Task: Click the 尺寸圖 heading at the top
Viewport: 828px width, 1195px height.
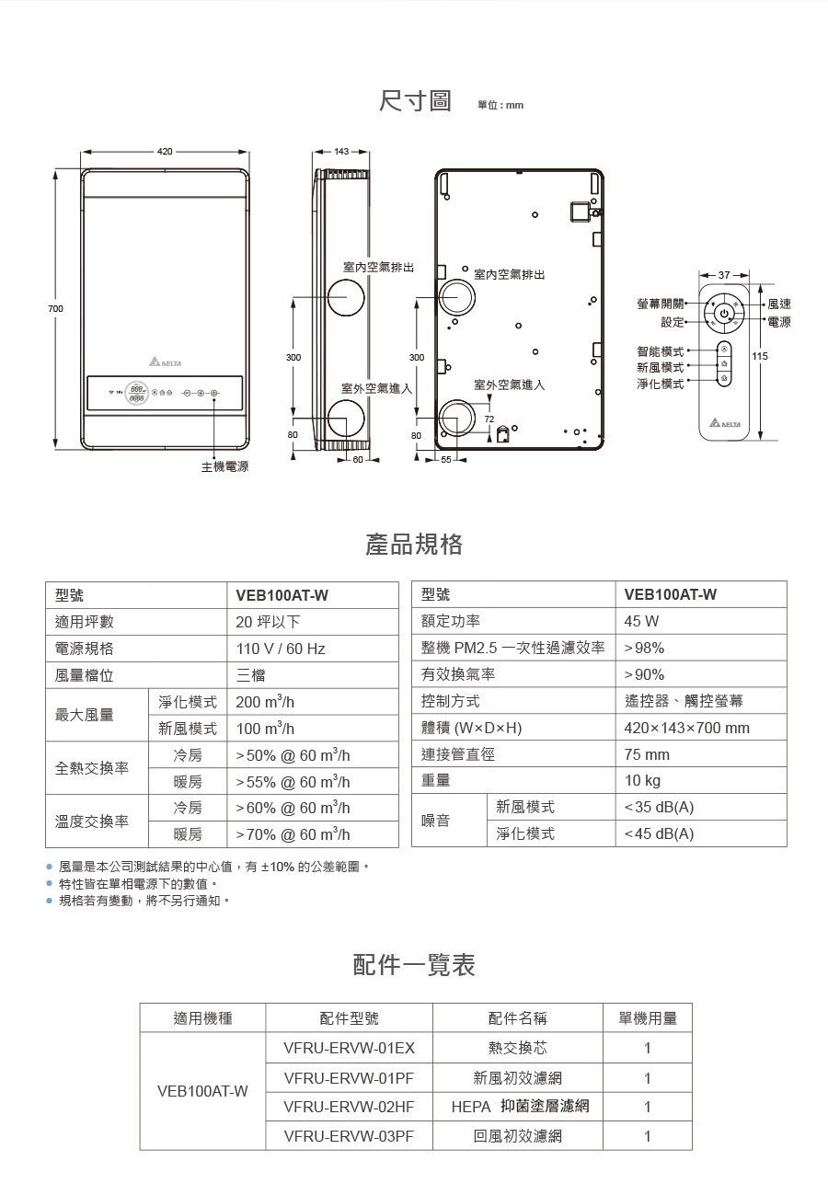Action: [x=415, y=100]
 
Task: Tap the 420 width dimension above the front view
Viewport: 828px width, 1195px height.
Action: [x=165, y=151]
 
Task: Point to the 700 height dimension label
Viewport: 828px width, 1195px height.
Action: [x=56, y=308]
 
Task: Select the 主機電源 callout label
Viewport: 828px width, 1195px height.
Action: [x=224, y=466]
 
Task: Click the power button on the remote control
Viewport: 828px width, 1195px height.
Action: [x=723, y=314]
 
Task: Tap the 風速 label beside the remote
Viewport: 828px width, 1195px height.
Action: [x=778, y=304]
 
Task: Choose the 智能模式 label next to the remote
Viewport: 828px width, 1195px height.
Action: [x=660, y=351]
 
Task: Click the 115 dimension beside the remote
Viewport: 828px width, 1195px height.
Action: [x=760, y=356]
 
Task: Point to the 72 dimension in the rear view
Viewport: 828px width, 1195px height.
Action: [x=489, y=419]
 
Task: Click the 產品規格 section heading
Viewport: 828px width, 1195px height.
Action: [x=414, y=545]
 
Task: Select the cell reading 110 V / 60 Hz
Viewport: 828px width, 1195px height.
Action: [x=281, y=649]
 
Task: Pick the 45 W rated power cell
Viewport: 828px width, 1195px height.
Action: [x=641, y=622]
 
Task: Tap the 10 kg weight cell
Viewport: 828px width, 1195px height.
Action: [x=642, y=780]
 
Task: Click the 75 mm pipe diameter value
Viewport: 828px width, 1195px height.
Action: [x=647, y=754]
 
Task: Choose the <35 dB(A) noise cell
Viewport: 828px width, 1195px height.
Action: [x=659, y=807]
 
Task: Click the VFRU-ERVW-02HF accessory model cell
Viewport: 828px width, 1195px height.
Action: [x=349, y=1107]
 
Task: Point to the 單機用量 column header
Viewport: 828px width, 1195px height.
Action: [x=648, y=1018]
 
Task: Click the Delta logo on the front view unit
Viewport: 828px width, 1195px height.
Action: [x=164, y=360]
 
